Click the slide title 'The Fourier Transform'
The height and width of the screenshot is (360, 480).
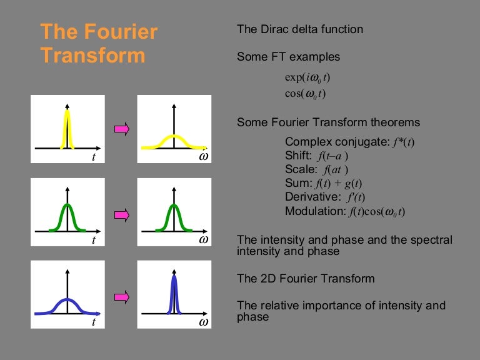(x=99, y=43)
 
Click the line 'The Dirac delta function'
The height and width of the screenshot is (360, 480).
(x=300, y=29)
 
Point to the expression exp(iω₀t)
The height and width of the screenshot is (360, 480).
(x=307, y=78)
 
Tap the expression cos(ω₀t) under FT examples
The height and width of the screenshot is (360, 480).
(x=305, y=94)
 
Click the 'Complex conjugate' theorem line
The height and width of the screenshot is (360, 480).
(x=349, y=142)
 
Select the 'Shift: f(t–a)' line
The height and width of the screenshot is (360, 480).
(x=316, y=156)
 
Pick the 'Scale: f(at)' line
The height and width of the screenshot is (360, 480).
(x=316, y=169)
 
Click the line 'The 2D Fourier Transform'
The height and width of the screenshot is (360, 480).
(x=306, y=279)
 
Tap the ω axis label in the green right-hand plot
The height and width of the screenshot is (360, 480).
(x=203, y=239)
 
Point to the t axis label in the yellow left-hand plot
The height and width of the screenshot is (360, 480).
(x=94, y=157)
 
